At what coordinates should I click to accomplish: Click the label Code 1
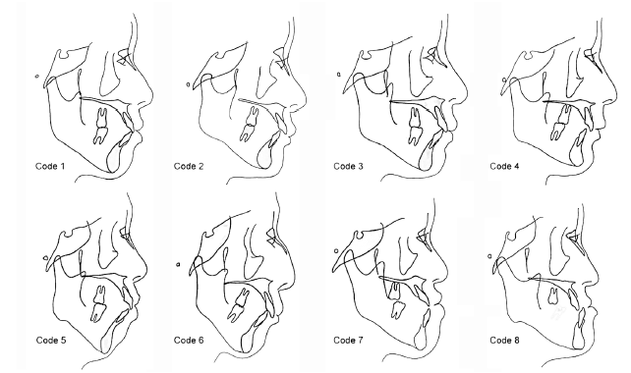pyautogui.click(x=50, y=166)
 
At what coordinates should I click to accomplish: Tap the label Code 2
pyautogui.click(x=189, y=166)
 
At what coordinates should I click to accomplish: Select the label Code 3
pyautogui.click(x=348, y=166)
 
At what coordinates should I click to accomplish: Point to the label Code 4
pyautogui.click(x=504, y=166)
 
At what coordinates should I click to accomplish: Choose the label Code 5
pyautogui.click(x=51, y=340)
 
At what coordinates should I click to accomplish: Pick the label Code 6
pyautogui.click(x=189, y=340)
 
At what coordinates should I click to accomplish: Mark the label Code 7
pyautogui.click(x=348, y=340)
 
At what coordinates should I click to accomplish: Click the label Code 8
pyautogui.click(x=504, y=340)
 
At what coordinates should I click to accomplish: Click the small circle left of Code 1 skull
pyautogui.click(x=37, y=76)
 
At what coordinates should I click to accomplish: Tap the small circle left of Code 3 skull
pyautogui.click(x=339, y=74)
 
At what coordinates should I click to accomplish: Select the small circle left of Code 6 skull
pyautogui.click(x=178, y=264)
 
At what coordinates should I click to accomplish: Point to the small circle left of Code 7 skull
pyautogui.click(x=336, y=251)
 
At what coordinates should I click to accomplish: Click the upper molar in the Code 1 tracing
pyautogui.click(x=102, y=117)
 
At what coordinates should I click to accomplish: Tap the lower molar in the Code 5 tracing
pyautogui.click(x=97, y=313)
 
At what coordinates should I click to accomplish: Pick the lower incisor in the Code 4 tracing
pyautogui.click(x=578, y=149)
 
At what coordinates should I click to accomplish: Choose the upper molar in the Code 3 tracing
pyautogui.click(x=416, y=116)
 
